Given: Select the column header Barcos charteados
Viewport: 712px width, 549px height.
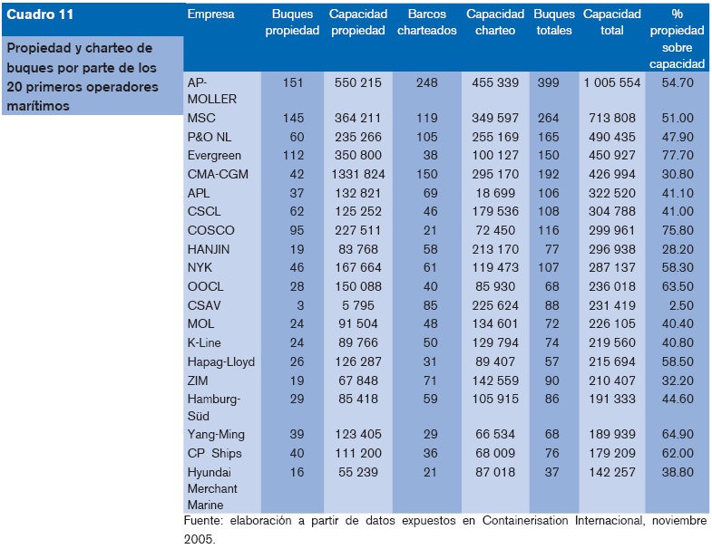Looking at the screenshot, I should click(x=426, y=22).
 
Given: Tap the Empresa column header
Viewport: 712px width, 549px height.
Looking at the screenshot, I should click(x=210, y=14).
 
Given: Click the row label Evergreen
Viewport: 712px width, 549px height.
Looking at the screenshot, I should click(x=214, y=155).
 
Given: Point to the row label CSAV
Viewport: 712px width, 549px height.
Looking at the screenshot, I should click(x=204, y=305).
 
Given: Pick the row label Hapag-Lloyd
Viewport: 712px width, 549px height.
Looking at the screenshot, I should click(x=220, y=361).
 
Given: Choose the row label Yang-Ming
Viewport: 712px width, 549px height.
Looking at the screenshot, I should click(x=219, y=437).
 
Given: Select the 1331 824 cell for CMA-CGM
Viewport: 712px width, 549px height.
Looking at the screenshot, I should click(x=358, y=174).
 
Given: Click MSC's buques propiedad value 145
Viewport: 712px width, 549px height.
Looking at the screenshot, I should click(x=292, y=118).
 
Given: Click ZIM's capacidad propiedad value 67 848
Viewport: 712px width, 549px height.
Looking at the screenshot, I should click(x=358, y=380).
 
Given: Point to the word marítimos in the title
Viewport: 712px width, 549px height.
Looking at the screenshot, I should click(x=39, y=105).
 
